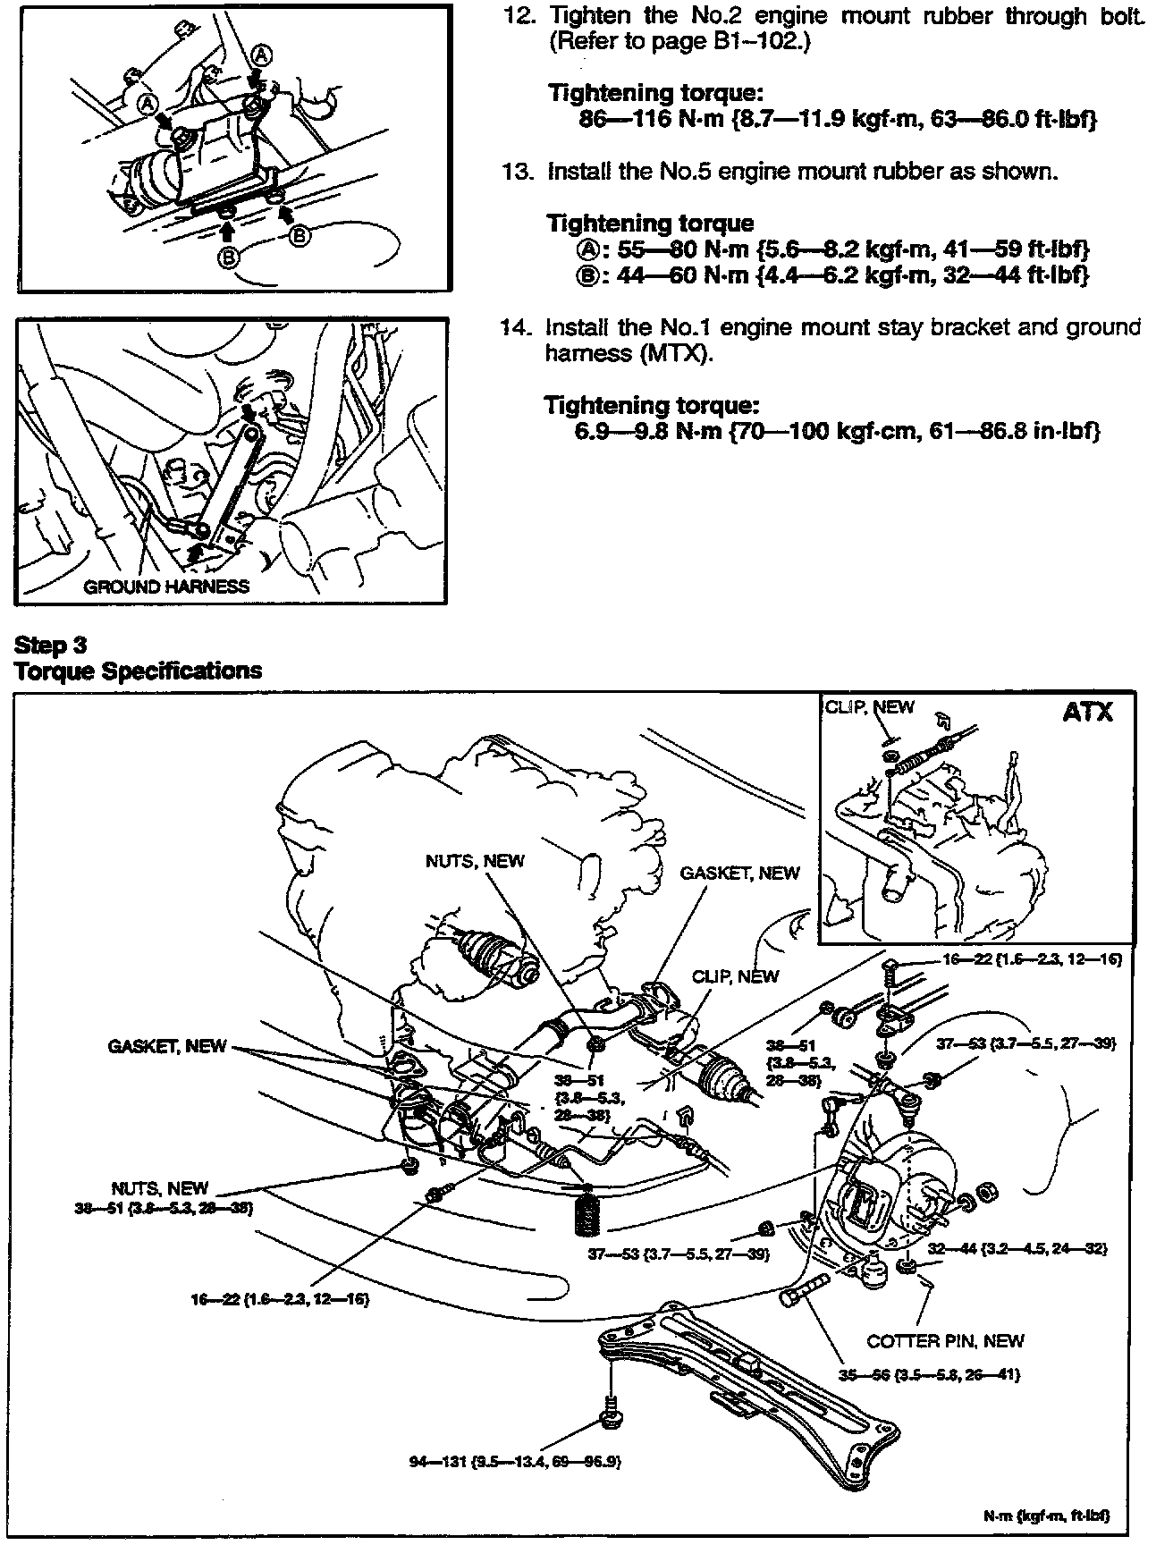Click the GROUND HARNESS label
coord(166,587)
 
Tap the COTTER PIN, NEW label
coord(945,1340)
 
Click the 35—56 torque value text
coord(929,1374)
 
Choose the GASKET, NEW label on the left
coord(167,1046)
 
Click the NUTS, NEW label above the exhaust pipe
coord(475,861)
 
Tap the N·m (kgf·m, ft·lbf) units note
coord(1047,1515)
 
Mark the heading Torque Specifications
coord(139,671)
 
